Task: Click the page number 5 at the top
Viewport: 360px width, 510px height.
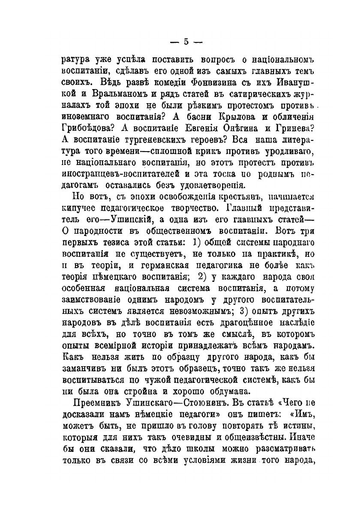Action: click(186, 42)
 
